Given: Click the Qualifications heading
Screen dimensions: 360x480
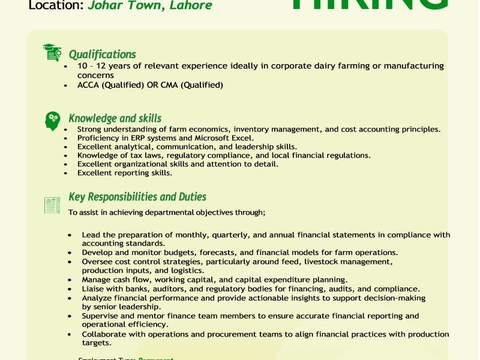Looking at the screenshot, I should tap(102, 55).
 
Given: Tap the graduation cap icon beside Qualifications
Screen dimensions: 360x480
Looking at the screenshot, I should tap(52, 53).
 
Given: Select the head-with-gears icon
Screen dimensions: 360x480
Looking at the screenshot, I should tap(52, 121).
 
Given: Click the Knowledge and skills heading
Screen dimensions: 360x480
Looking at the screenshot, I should tap(115, 118).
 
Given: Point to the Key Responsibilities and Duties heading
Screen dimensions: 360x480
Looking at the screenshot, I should tap(137, 197).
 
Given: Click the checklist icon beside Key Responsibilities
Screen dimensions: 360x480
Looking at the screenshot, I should tap(52, 205).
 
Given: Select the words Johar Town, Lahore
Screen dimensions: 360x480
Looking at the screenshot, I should tap(149, 6).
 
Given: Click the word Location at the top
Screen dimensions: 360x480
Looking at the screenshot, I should tap(55, 6).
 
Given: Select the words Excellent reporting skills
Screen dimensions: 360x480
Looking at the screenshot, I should tap(125, 173).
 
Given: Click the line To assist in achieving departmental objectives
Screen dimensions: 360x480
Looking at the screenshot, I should tap(167, 212).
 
